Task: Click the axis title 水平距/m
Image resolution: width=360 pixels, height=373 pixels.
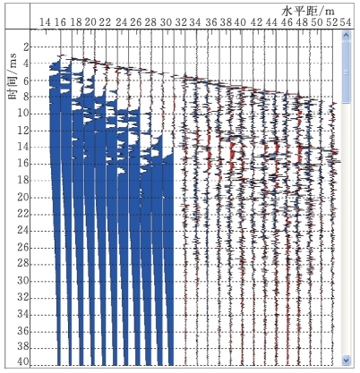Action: [308, 11]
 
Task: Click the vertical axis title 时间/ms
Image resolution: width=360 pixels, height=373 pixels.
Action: [13, 77]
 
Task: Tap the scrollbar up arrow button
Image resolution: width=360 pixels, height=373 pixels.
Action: [346, 36]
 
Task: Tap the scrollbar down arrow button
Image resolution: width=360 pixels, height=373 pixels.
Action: [346, 360]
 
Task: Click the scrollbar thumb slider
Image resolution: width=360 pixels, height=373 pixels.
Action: [346, 72]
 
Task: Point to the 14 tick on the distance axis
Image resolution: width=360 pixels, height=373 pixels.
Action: [46, 22]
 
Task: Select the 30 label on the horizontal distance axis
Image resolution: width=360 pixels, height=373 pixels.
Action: [166, 22]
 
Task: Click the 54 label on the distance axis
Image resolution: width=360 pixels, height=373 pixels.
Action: [346, 22]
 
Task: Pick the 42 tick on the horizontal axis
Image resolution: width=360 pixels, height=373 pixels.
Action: [256, 22]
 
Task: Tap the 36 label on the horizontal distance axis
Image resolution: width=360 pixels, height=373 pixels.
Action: [211, 22]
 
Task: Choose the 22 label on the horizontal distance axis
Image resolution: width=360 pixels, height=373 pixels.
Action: [105, 22]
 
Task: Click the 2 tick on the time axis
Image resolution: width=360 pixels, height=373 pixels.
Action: [26, 47]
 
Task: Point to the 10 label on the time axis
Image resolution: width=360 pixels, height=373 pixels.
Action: [23, 114]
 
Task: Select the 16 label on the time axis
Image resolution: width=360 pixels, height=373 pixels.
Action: [23, 164]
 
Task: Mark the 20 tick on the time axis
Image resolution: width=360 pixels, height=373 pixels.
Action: [23, 197]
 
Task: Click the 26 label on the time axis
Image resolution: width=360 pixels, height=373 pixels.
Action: [23, 247]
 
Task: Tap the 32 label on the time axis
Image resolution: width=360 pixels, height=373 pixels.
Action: [23, 297]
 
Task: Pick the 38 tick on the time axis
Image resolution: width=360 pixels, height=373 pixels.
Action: [23, 347]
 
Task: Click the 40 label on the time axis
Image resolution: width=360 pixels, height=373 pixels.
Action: [23, 362]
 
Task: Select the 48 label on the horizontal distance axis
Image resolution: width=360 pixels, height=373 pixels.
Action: [301, 22]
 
